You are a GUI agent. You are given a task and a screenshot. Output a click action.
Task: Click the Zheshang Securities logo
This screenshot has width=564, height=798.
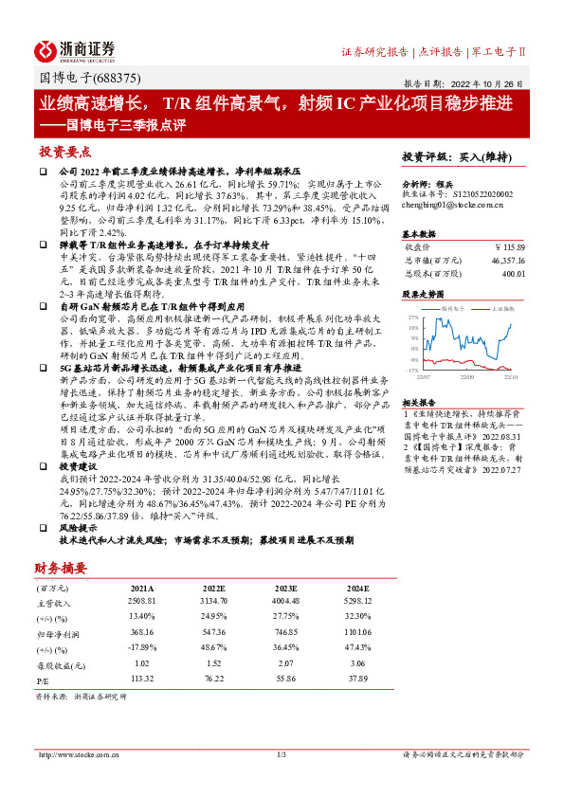click(x=75, y=50)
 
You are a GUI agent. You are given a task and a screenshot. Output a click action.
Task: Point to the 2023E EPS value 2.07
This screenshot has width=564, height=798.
click(x=298, y=662)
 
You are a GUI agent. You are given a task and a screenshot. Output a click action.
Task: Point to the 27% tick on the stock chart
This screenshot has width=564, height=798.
click(x=412, y=317)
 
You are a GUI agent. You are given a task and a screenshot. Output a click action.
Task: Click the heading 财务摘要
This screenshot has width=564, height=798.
click(x=61, y=568)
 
